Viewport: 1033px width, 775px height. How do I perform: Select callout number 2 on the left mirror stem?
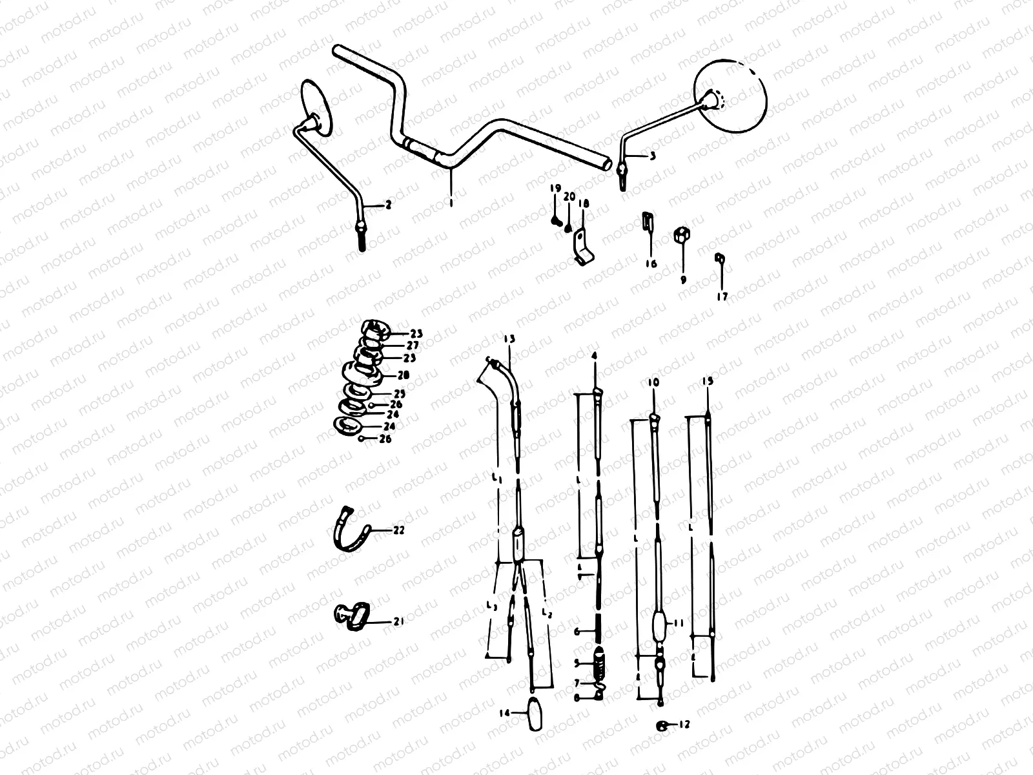388,205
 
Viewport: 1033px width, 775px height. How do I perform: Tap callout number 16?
650,263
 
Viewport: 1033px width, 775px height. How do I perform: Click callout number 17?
722,296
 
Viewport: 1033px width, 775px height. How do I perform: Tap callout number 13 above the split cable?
510,338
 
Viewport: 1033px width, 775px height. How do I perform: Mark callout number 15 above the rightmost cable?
708,382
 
